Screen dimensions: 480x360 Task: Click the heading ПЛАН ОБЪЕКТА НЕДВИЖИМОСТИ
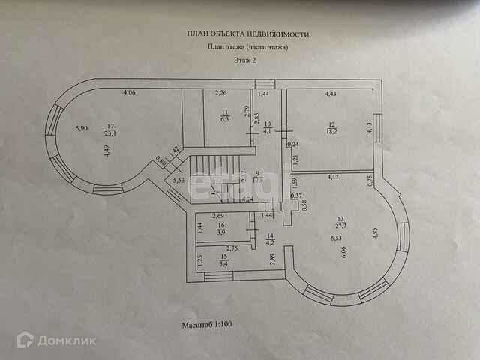247,34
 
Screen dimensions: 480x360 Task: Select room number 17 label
109,126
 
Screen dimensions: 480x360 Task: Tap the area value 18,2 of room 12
332,130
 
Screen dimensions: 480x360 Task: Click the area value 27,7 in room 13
340,224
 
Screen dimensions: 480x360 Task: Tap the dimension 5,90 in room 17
82,128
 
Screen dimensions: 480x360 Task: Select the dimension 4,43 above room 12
331,94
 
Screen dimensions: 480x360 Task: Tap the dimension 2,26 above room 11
221,94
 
